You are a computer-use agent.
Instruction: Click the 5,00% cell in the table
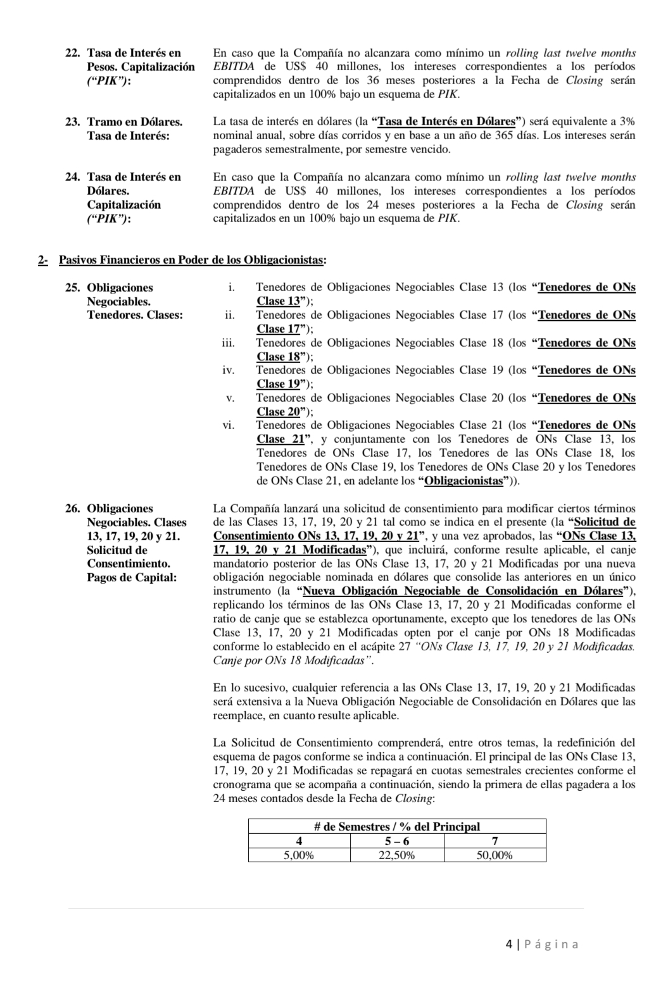pos(299,855)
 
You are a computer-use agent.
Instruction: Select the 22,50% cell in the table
pos(397,855)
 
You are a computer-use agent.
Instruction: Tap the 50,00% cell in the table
pos(495,855)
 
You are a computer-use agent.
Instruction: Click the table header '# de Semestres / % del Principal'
pos(397,826)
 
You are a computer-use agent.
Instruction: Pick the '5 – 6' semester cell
pos(397,841)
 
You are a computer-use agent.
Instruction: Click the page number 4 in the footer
pos(509,945)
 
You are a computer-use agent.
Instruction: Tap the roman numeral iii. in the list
pos(228,343)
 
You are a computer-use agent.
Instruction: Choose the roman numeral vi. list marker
pos(229,425)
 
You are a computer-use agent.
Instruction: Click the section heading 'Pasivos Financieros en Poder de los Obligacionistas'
pos(192,260)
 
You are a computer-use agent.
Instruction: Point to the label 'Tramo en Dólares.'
pos(134,121)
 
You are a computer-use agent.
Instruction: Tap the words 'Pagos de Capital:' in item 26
pos(132,578)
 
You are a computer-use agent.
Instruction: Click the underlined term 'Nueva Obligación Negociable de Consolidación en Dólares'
pos(463,591)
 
